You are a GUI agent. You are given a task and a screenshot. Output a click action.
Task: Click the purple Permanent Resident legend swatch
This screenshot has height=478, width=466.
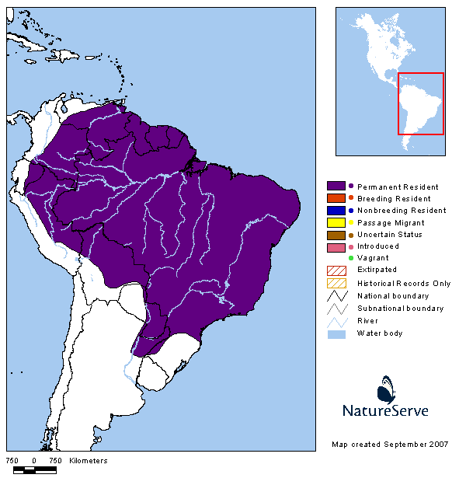[336, 187]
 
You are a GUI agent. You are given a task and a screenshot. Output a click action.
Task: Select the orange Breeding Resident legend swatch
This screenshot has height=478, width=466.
[336, 199]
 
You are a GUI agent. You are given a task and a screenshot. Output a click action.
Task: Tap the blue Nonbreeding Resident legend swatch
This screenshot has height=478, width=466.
[336, 211]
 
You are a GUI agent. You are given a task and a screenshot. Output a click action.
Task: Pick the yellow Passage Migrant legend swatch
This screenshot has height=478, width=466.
[336, 222]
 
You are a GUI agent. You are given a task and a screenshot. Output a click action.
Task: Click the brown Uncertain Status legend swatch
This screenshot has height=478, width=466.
[336, 235]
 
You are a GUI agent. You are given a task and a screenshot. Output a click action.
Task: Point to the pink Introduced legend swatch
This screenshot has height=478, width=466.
[336, 246]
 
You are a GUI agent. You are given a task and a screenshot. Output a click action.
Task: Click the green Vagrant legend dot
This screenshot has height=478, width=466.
[351, 258]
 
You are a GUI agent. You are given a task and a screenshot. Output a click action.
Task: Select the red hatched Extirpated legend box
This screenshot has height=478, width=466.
[336, 270]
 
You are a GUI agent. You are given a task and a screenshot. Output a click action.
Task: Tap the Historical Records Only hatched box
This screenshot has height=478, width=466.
[336, 284]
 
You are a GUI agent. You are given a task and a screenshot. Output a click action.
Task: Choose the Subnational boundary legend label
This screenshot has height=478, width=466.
[400, 309]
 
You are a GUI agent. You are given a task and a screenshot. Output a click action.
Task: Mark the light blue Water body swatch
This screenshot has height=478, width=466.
[336, 333]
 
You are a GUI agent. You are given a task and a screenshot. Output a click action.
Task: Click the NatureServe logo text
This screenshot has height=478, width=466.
[385, 410]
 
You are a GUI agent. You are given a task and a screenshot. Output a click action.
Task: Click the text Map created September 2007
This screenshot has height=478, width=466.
[390, 445]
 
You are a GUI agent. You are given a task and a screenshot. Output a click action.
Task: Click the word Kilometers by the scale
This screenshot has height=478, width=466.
[88, 461]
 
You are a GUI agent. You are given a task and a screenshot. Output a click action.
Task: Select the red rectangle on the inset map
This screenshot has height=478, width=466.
[420, 103]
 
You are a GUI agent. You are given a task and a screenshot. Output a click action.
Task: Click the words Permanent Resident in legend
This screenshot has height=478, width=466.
[398, 187]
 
